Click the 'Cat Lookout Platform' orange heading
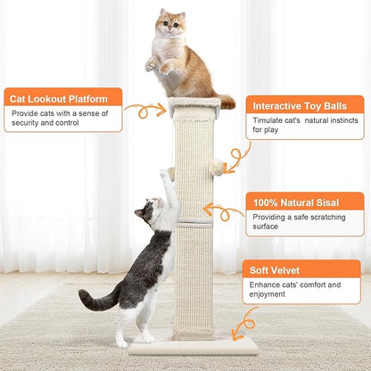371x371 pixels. (62, 97)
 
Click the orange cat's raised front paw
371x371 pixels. (152, 63)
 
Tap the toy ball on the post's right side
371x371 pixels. (218, 166)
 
